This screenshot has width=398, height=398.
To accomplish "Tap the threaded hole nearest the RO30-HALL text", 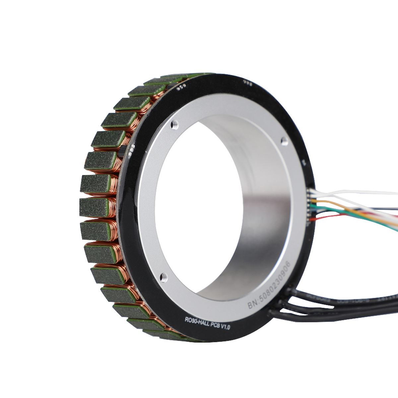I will click(x=163, y=277).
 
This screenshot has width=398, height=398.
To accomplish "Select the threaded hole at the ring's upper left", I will click(x=174, y=125).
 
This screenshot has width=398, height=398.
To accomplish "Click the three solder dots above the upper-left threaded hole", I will click(x=182, y=87).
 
